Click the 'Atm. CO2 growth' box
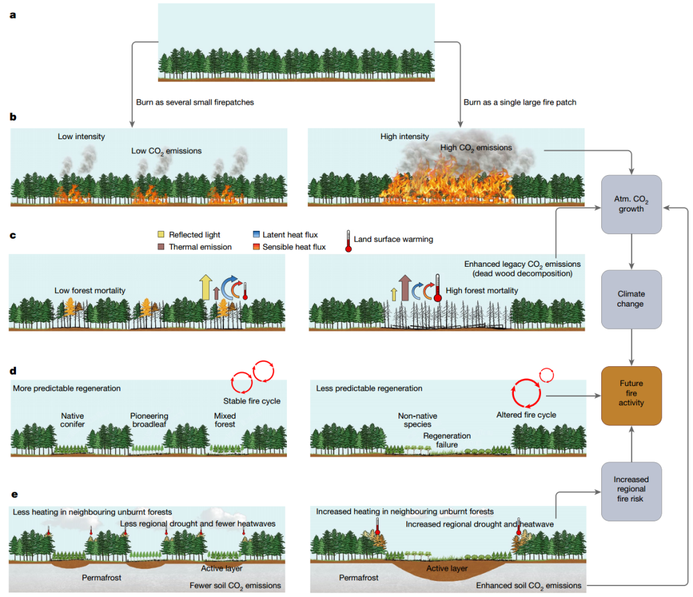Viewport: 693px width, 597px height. coord(631,204)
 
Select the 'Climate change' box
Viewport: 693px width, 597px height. coord(631,299)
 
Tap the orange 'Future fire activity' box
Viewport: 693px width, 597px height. coord(631,396)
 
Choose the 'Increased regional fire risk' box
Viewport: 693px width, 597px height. coord(631,491)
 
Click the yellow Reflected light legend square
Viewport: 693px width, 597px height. coord(161,234)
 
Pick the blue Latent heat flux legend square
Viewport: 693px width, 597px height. coord(256,234)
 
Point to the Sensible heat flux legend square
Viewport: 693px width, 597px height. coord(256,246)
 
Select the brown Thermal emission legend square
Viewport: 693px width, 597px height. coord(161,246)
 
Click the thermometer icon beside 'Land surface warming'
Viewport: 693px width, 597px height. coord(348,241)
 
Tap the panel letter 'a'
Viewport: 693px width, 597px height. coord(13,15)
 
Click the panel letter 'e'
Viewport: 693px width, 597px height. coord(15,494)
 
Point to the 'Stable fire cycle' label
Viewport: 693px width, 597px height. coord(252,401)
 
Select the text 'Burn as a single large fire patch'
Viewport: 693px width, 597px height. coord(520,102)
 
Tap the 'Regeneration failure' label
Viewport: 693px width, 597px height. coord(447,441)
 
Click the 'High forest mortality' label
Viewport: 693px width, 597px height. coord(482,290)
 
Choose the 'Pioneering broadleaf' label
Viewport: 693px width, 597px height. coord(150,420)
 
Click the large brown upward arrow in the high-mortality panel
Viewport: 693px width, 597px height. coord(405,287)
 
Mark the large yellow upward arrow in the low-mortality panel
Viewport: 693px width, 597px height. coord(205,287)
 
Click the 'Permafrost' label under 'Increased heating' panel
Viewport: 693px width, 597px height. coord(359,578)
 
